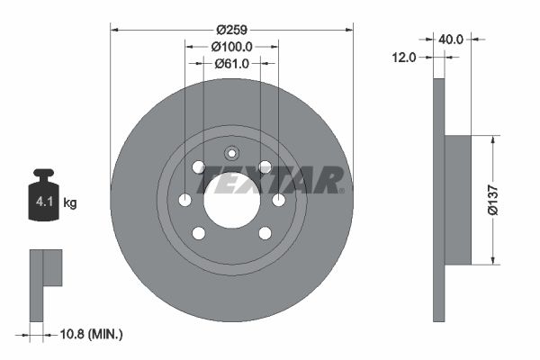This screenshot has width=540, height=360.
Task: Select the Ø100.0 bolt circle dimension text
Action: point(231,46)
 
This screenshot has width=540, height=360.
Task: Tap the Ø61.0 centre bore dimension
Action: point(232,63)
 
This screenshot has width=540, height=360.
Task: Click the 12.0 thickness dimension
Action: point(404,57)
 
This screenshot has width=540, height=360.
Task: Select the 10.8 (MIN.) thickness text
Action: point(89,334)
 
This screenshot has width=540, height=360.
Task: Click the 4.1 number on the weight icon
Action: point(43,202)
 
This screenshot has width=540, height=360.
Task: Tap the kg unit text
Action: point(70,203)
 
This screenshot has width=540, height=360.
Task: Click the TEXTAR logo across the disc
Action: point(271,180)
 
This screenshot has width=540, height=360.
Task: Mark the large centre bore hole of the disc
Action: point(231,200)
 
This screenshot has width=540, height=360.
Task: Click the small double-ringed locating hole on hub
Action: point(231,152)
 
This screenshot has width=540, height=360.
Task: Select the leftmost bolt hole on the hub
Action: point(184,200)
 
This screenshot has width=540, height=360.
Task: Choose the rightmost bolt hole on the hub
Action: point(279,200)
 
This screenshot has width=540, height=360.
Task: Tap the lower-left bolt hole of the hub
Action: point(199,233)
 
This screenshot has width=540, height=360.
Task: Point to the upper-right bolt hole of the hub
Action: point(265,166)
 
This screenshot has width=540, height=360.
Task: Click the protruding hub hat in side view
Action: point(458,200)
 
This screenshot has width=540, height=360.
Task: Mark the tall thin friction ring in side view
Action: point(439,200)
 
